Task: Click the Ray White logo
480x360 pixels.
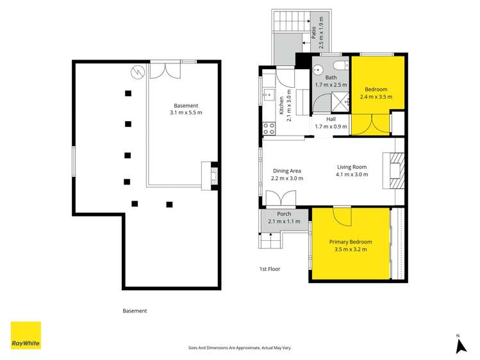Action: (26, 336)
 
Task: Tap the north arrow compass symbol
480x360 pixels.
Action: (459, 345)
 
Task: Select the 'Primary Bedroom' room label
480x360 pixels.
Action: (351, 241)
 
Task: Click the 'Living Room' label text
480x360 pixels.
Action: (352, 167)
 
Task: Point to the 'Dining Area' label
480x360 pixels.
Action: (287, 171)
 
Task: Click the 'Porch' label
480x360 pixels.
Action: (284, 214)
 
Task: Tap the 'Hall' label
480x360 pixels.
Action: (331, 119)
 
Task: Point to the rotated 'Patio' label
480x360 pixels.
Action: (314, 30)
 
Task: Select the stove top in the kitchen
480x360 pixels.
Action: (269, 128)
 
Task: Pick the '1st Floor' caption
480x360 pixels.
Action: (269, 269)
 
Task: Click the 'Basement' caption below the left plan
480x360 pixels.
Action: (135, 311)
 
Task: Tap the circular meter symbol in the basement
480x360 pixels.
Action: (136, 71)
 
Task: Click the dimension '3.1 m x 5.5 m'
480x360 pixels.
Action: (186, 113)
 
